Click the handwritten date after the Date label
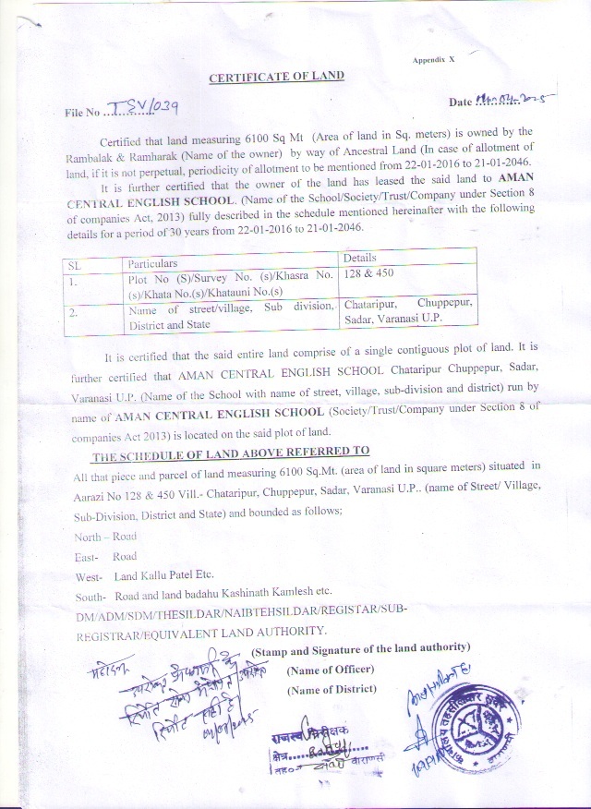click(507, 98)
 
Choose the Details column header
click(360, 258)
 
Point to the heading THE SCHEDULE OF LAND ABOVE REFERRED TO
click(230, 451)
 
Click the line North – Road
click(105, 536)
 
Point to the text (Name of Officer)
click(331, 669)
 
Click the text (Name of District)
click(332, 689)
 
